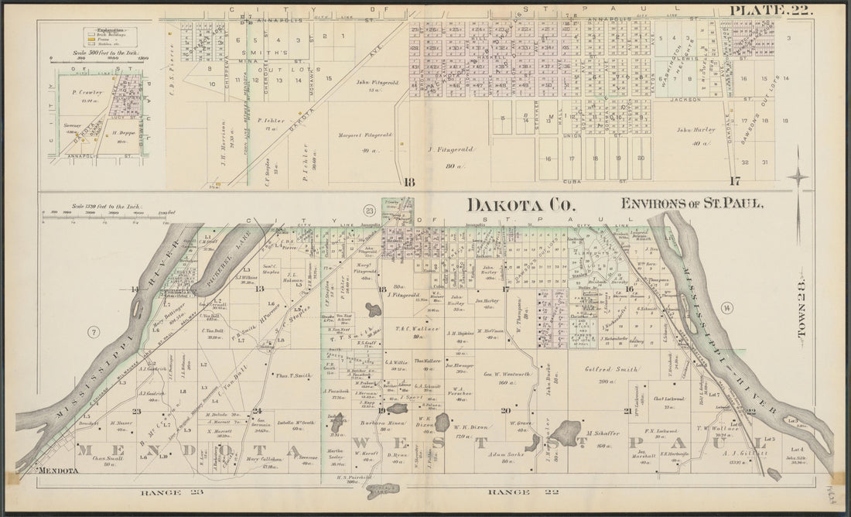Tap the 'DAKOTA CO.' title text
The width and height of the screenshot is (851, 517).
[x=519, y=205]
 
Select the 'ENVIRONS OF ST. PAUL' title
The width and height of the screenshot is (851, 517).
[x=692, y=204]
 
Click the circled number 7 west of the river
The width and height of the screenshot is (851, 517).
[x=94, y=332]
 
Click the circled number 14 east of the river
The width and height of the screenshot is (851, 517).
[x=727, y=309]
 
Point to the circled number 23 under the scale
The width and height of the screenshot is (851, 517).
[x=369, y=210]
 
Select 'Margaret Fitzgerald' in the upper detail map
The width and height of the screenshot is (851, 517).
[x=365, y=135]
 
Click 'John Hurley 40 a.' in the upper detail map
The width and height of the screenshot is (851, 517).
[x=695, y=135]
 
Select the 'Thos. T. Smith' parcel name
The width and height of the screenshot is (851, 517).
[x=292, y=375]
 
